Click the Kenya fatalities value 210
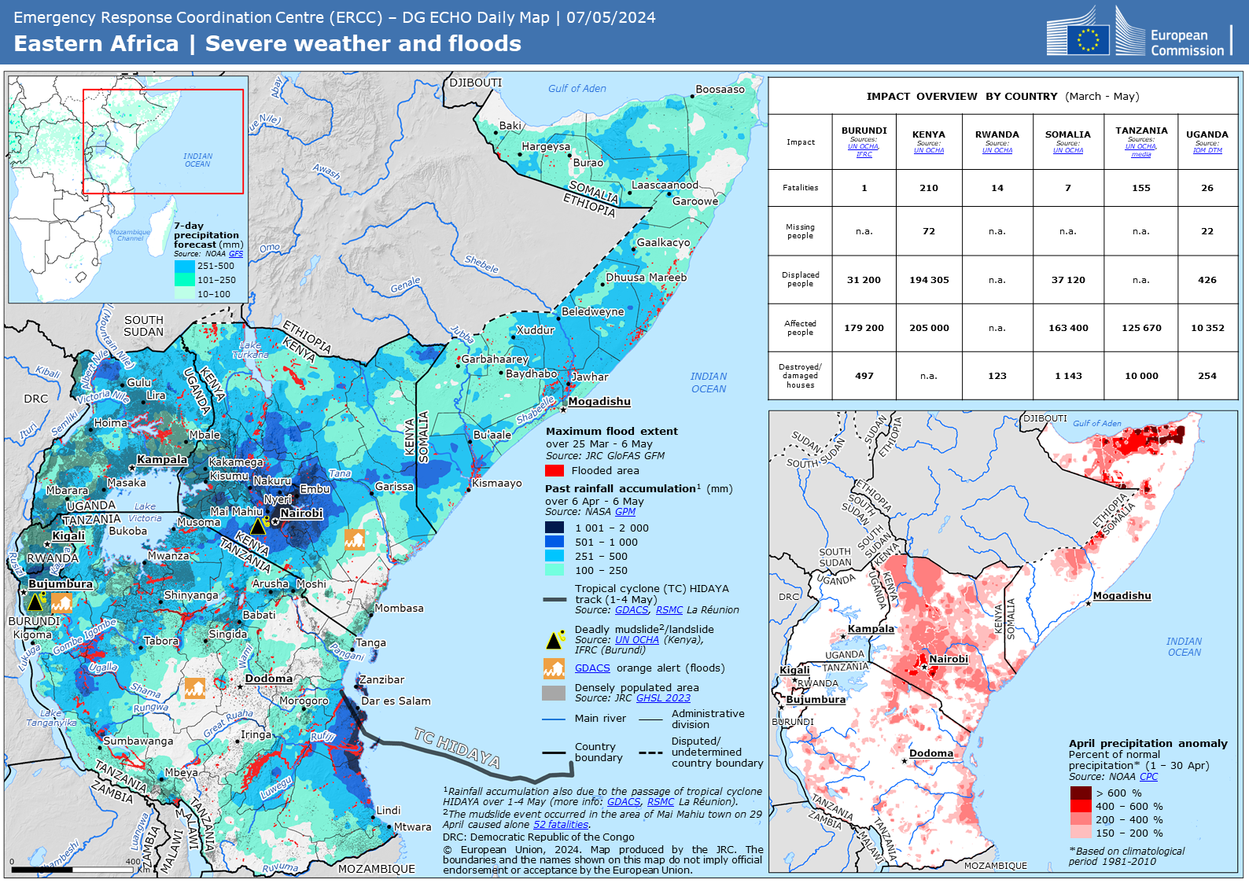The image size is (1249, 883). coord(928,188)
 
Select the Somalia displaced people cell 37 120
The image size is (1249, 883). coord(1067,280)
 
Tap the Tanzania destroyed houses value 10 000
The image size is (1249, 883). coord(1140,376)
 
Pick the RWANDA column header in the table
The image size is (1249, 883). coord(997,134)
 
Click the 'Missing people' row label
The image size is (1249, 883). coord(800,231)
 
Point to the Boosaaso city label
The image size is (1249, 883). coord(720,90)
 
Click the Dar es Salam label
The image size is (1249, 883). coord(396,701)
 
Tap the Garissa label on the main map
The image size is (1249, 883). coord(394,487)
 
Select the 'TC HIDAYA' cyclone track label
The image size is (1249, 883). coord(456,747)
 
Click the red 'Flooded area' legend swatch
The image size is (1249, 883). coord(554,471)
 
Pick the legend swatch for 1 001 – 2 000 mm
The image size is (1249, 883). coord(554,528)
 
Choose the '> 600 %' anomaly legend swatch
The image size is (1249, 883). coord(1080,793)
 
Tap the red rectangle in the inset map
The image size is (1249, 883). coord(163,142)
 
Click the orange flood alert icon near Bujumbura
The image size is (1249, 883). coord(61,603)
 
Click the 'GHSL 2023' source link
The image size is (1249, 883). coord(663,698)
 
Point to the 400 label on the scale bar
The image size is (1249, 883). coord(133,862)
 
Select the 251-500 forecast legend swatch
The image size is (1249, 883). coord(184,267)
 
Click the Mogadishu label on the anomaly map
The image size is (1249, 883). coord(1122,596)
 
